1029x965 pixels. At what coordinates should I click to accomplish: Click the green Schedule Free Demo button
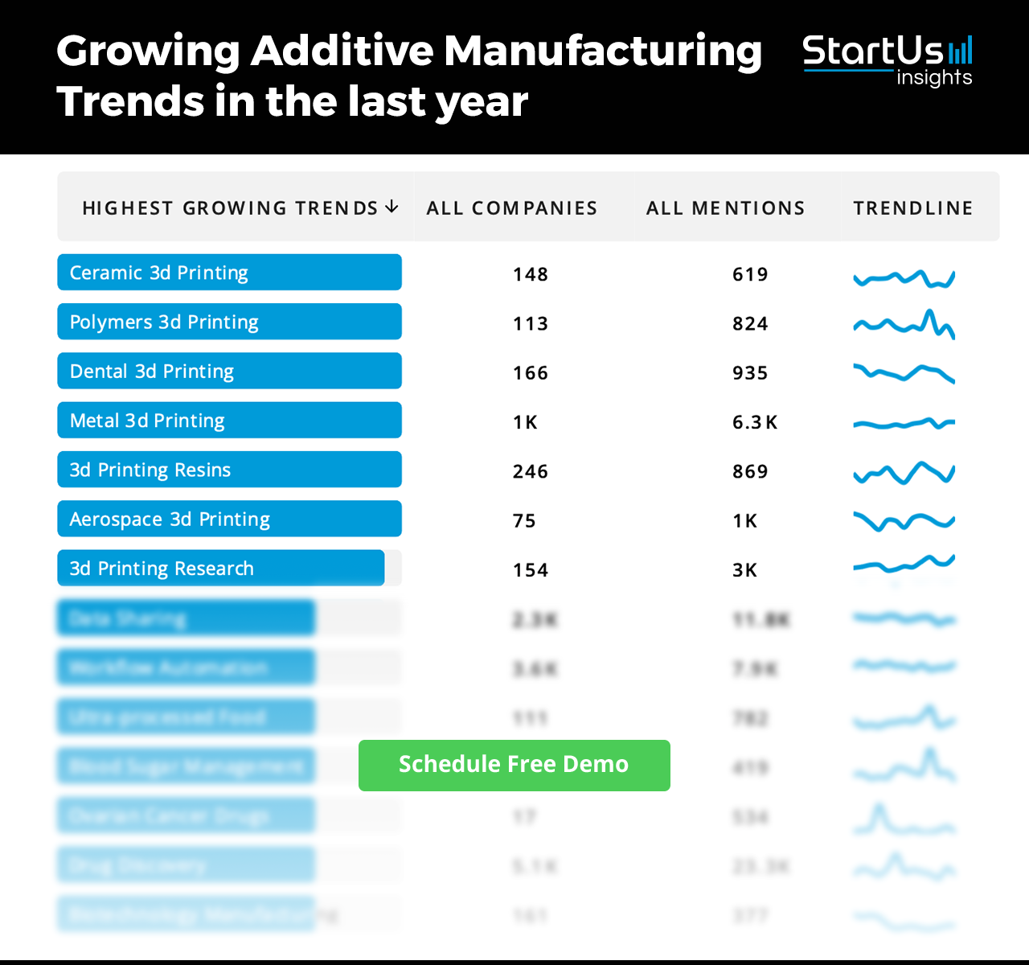[514, 765]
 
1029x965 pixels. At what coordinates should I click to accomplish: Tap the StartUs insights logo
[888, 60]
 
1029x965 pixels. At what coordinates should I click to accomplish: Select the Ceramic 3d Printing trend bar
[229, 273]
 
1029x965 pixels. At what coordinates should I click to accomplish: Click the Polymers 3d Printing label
[164, 322]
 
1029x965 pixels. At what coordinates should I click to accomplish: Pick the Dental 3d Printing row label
[152, 372]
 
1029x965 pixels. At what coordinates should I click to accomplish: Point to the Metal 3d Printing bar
[229, 421]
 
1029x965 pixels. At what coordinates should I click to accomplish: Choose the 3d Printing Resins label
[150, 470]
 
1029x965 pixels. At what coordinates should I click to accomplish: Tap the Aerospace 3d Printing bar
[229, 519]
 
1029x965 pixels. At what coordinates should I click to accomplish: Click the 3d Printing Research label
[162, 569]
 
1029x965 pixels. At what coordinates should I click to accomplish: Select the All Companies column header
[512, 208]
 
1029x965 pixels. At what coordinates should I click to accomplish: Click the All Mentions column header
[725, 208]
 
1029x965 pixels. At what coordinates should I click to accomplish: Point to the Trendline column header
[913, 208]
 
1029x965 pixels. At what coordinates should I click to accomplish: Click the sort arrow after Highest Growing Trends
[392, 207]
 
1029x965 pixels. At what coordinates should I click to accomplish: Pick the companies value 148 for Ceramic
[531, 274]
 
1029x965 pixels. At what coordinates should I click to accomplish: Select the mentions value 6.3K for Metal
[754, 422]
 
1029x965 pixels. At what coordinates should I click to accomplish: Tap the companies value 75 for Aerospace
[524, 521]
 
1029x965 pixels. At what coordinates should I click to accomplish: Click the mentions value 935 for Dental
[750, 373]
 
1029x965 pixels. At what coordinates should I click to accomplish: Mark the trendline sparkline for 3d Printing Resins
[904, 473]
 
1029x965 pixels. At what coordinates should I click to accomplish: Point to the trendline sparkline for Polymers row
[904, 324]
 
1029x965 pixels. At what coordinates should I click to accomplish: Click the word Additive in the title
[342, 51]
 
